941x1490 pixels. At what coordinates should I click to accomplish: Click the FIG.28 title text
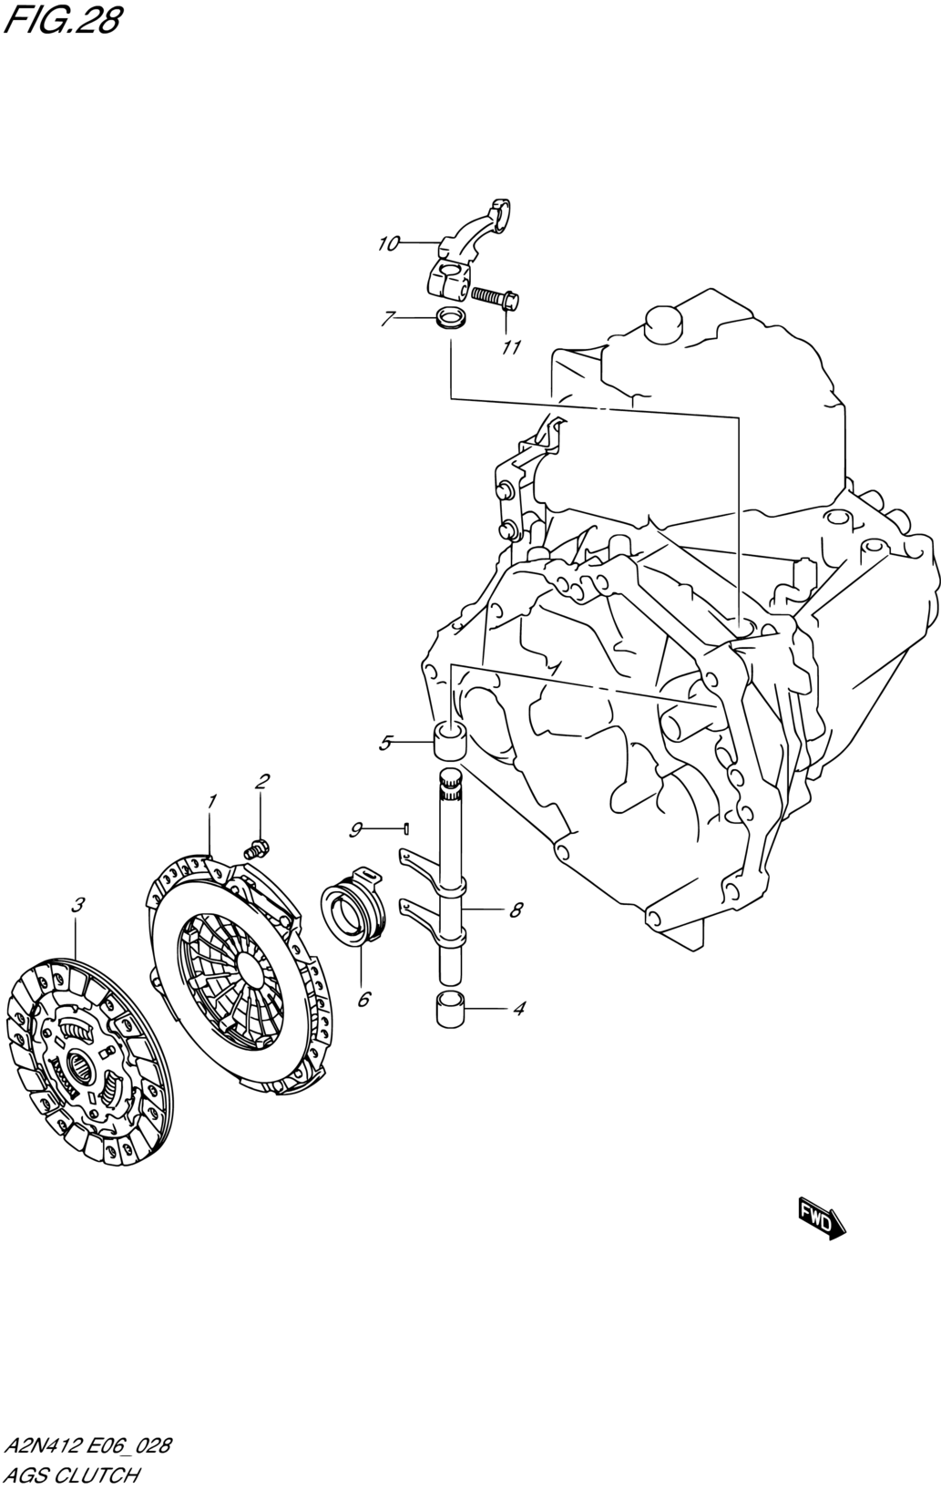[x=61, y=20]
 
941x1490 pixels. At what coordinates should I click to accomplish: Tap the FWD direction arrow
[x=822, y=1218]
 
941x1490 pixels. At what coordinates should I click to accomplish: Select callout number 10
[x=389, y=243]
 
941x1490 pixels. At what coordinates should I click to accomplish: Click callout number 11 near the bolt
[x=511, y=347]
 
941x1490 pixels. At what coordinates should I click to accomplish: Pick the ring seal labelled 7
[x=449, y=319]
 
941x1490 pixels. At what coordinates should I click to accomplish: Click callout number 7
[x=388, y=318]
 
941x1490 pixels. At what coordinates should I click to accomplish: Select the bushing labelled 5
[x=450, y=739]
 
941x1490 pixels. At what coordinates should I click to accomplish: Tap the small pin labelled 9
[x=405, y=828]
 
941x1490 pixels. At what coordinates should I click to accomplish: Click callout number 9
[x=356, y=828]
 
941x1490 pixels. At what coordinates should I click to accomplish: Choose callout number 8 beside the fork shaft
[x=516, y=909]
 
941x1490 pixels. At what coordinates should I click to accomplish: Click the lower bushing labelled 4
[x=449, y=1010]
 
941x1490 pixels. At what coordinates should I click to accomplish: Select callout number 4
[x=519, y=1009]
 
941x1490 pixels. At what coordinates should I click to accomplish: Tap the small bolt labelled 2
[x=257, y=848]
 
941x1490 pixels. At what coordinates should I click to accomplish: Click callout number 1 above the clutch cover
[x=211, y=801]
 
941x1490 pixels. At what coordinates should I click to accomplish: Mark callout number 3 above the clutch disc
[x=78, y=904]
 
